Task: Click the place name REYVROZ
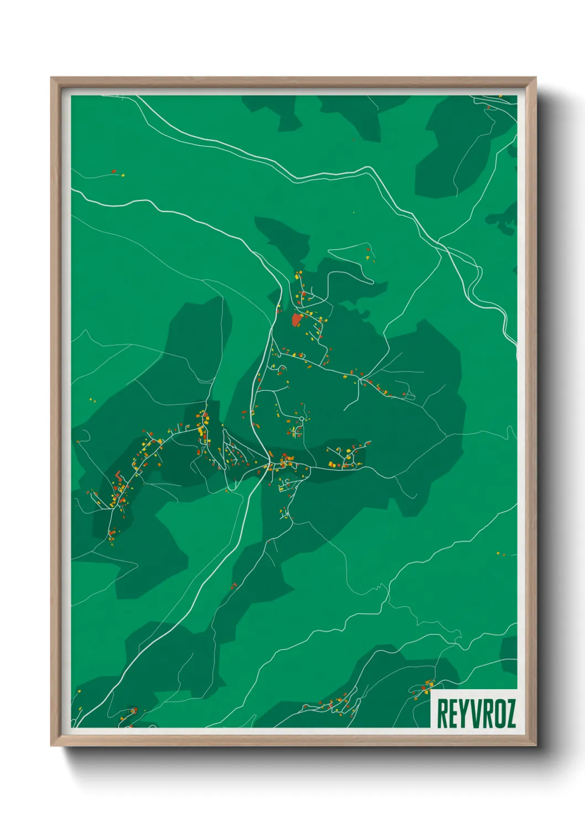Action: [476, 713]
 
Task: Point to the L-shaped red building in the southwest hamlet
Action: [117, 475]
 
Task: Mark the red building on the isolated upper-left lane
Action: [114, 171]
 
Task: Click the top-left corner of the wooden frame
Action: [52, 78]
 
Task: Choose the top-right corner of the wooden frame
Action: [535, 78]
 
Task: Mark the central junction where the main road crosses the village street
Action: [269, 461]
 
